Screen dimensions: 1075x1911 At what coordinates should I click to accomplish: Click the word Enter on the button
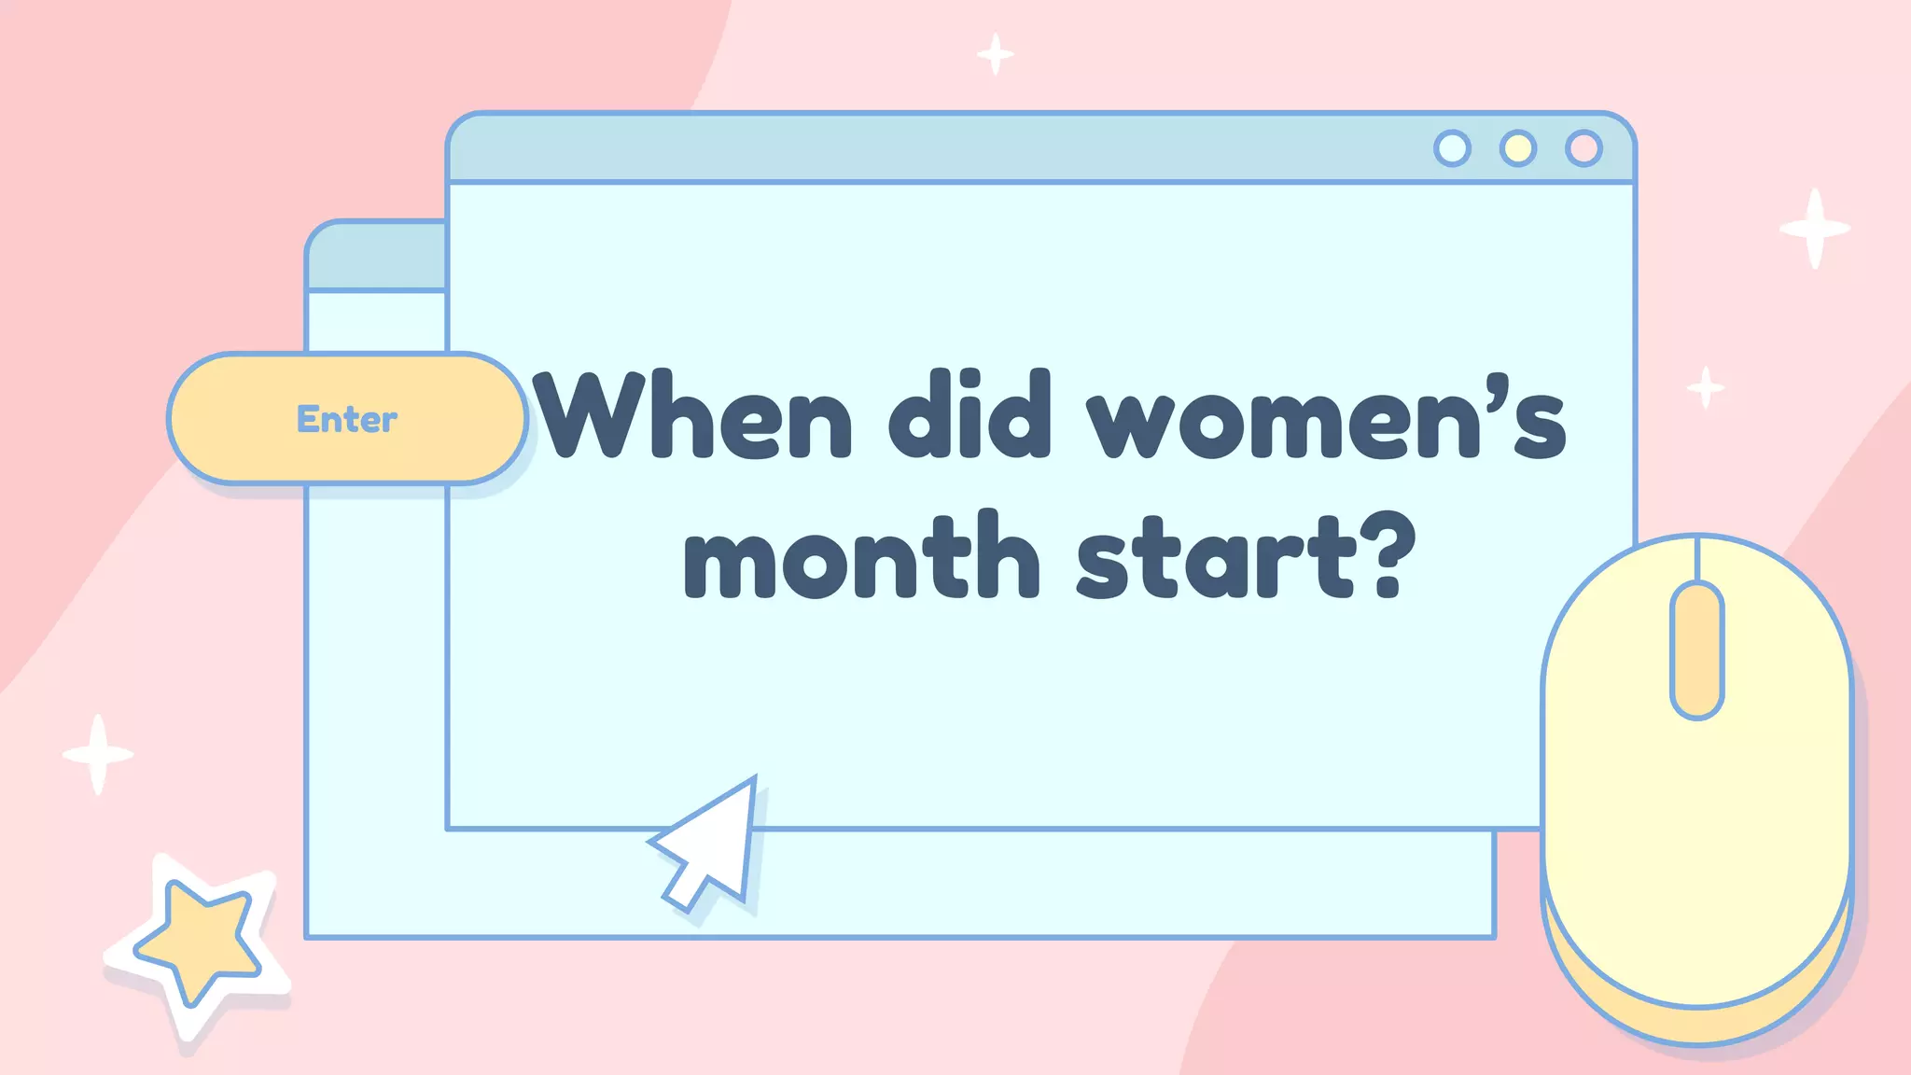click(347, 419)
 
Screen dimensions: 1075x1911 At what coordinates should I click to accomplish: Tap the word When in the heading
click(693, 414)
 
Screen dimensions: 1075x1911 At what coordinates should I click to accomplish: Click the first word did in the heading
click(969, 414)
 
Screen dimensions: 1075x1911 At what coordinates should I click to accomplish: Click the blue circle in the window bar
click(1452, 148)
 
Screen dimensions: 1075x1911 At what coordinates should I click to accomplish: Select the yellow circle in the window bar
click(1518, 148)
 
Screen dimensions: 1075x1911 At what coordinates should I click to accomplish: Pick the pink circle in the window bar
click(1583, 148)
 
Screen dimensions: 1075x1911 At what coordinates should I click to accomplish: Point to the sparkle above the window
click(996, 54)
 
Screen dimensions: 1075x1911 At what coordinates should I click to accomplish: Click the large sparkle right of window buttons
click(1814, 229)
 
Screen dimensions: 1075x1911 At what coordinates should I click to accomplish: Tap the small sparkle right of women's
click(1706, 387)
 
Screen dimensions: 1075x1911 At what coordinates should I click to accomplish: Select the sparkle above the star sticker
click(98, 754)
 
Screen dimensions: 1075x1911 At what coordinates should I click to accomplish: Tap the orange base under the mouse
click(1696, 1022)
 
